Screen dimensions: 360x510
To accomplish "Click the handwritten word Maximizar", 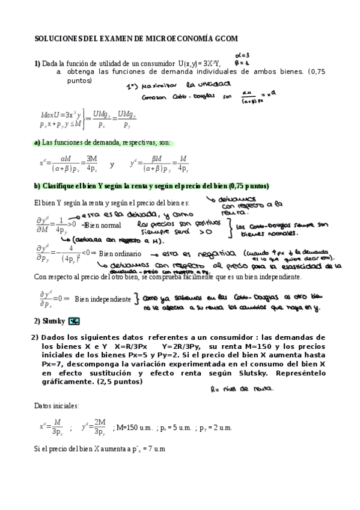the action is (x=151, y=86).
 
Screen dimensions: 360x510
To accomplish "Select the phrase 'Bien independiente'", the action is (x=103, y=299).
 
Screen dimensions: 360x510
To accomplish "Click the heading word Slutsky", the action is (x=53, y=321).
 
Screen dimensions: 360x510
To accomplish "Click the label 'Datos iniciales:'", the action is (x=56, y=406).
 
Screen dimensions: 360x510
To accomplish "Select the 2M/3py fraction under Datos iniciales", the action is (x=99, y=428).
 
